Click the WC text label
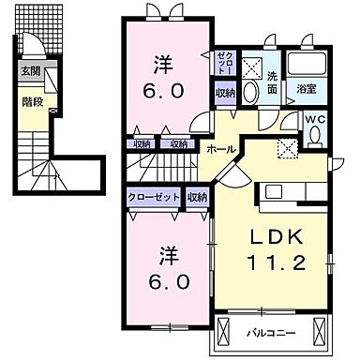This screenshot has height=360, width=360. [x=314, y=119]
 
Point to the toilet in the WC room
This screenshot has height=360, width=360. [x=315, y=136]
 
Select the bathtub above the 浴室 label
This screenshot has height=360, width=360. [x=307, y=66]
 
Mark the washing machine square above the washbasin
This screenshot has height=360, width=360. [x=250, y=67]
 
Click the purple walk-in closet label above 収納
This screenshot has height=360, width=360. [x=224, y=64]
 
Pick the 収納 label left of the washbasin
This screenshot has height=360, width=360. [x=224, y=93]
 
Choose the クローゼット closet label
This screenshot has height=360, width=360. [x=154, y=197]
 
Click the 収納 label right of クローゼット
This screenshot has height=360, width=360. [x=197, y=197]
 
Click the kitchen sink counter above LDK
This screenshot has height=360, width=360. [x=292, y=191]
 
